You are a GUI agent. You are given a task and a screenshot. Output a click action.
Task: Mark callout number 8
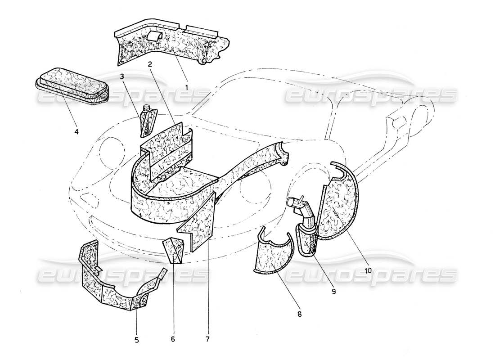(x=299, y=314)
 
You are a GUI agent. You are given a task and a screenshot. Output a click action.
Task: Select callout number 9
(x=333, y=291)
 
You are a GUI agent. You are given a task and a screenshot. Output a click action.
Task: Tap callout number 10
(x=368, y=270)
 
